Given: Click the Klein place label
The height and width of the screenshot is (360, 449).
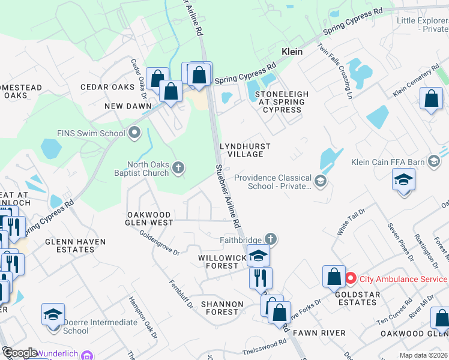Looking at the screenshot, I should [x=292, y=52].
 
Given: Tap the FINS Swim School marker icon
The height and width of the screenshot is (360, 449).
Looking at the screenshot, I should [x=134, y=133].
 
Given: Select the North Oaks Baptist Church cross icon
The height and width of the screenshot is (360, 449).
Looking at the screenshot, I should [x=178, y=167].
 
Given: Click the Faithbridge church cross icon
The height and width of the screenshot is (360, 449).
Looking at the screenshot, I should [x=271, y=239].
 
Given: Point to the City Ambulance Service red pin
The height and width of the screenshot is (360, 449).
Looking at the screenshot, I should [x=351, y=279].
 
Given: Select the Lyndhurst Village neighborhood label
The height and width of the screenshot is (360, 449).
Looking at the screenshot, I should [x=245, y=150].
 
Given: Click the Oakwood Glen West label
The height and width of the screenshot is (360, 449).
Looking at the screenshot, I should [x=149, y=218].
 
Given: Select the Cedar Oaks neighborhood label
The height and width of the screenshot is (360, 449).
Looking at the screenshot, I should [x=107, y=87].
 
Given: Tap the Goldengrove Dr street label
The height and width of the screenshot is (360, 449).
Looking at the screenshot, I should [x=160, y=244].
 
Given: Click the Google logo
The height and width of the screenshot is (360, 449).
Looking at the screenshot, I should [x=19, y=353].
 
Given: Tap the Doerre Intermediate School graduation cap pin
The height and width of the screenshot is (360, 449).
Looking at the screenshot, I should [x=53, y=314].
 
